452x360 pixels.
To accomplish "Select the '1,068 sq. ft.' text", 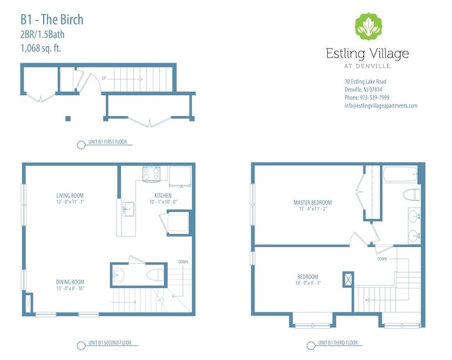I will point(40,48).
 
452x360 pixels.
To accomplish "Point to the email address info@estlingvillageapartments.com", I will point(380,106).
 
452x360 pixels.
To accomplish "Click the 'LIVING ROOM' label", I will point(70,195).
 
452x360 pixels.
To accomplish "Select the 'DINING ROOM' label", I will point(70,281).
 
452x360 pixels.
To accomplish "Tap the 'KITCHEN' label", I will point(162,195).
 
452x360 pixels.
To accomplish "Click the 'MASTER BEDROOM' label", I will point(312,203).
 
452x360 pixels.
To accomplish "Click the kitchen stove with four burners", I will point(152,174).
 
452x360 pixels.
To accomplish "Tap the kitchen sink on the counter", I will point(127,208).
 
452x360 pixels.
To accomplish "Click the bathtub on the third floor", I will point(400,174).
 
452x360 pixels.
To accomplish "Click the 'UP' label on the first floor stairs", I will point(104,78).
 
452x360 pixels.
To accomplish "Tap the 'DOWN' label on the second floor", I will point(184,262).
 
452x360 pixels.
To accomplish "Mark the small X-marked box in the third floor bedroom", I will point(348,279).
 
